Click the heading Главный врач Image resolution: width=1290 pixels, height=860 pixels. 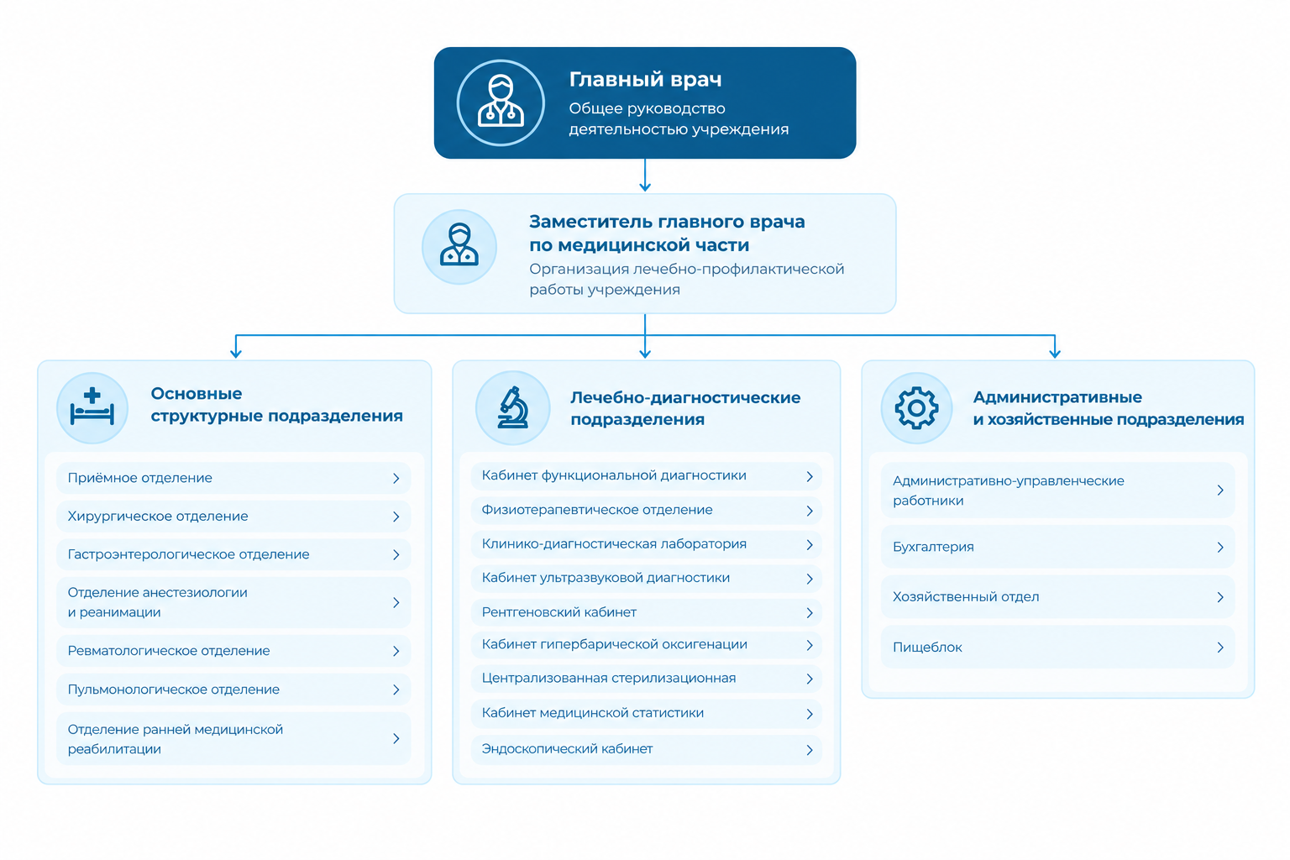645,80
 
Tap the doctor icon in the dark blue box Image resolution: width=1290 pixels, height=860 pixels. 501,102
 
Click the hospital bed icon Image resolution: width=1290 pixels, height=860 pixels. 92,408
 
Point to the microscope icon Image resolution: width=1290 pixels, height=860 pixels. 512,408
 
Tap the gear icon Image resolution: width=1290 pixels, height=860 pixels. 916,408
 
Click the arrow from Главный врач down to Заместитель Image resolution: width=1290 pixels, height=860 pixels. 645,176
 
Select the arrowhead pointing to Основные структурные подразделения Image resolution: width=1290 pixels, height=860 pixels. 235,352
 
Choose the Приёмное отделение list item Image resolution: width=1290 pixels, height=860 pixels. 233,478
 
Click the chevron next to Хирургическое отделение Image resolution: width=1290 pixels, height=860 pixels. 396,517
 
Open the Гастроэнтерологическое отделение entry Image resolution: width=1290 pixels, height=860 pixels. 233,554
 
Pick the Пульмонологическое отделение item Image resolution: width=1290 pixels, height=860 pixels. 233,690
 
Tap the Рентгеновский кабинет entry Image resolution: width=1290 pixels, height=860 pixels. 646,612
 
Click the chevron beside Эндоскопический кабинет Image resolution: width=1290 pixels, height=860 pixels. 810,750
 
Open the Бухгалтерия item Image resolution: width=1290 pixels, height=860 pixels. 1058,547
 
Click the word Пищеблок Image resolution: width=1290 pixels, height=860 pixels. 927,648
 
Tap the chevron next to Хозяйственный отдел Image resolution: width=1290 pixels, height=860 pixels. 1220,597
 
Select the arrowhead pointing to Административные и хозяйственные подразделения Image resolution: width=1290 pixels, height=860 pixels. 1055,352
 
